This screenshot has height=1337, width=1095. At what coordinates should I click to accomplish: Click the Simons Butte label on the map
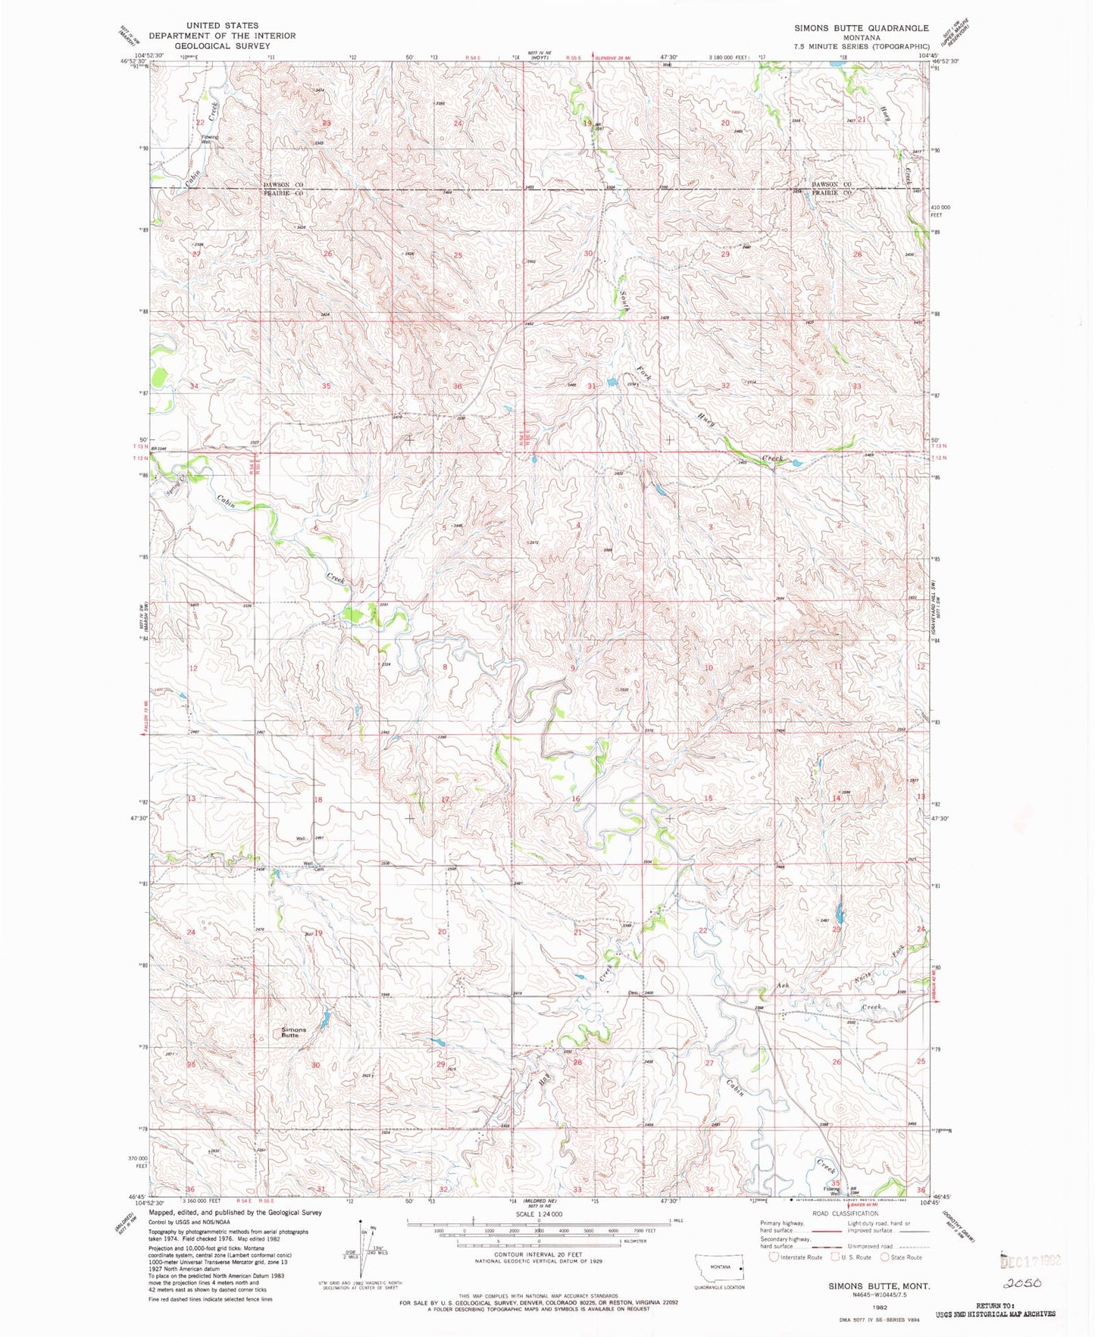click(294, 1032)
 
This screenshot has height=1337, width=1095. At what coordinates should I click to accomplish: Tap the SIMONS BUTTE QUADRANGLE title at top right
click(861, 28)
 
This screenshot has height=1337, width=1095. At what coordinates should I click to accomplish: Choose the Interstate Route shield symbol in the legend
click(774, 1257)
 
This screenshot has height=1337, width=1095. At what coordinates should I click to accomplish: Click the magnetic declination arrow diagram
click(363, 1261)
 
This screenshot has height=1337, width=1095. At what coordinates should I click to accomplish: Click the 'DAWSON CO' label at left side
click(283, 185)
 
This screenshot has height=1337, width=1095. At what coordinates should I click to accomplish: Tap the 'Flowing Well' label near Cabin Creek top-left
click(209, 139)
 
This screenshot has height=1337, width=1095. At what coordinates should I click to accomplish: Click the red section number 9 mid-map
click(573, 668)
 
